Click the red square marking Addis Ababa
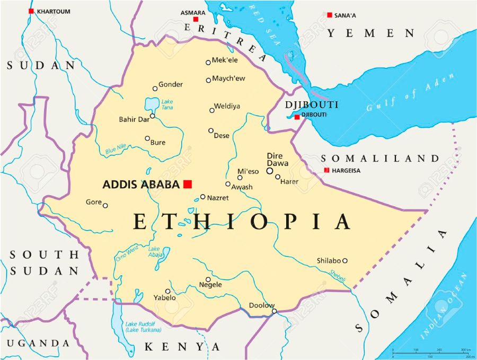[187, 184]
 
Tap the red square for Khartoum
[31, 11]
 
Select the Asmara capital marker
[196, 20]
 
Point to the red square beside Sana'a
[329, 15]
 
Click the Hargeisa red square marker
[326, 170]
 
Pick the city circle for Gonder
[155, 89]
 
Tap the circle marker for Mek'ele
[208, 63]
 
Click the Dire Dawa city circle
[270, 171]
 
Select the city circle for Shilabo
[344, 260]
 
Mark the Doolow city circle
[274, 311]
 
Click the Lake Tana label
[167, 104]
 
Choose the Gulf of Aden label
[411, 92]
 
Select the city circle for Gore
[105, 206]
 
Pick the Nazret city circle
[202, 197]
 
